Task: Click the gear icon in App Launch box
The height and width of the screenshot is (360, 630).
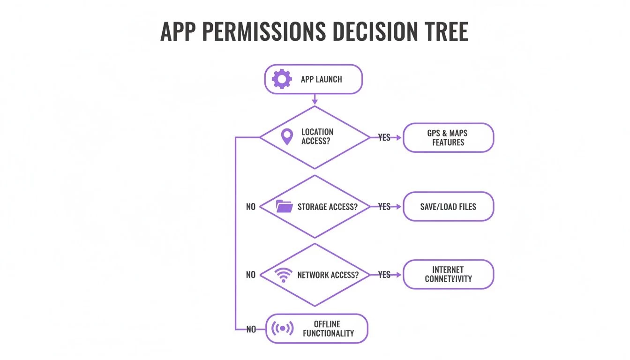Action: click(282, 79)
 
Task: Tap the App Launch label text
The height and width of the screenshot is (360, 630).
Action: click(321, 79)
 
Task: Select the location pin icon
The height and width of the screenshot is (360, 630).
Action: click(286, 137)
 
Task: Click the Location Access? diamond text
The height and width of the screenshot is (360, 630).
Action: click(317, 137)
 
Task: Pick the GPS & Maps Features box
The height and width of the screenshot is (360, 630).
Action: click(448, 138)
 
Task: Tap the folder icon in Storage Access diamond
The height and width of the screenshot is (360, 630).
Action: click(284, 206)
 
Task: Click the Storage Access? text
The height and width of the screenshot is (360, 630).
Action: click(327, 207)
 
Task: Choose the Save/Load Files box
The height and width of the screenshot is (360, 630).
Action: click(448, 206)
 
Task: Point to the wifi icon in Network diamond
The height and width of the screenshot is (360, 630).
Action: click(284, 275)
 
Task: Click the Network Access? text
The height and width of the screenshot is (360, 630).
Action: click(328, 275)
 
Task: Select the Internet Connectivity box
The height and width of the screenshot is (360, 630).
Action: click(448, 274)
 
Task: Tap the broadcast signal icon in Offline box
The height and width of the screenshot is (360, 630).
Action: click(283, 329)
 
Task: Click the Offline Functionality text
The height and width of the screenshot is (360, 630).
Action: click(328, 329)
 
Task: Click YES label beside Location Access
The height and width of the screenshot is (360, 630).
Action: click(384, 138)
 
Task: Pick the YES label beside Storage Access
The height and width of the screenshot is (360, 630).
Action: click(384, 207)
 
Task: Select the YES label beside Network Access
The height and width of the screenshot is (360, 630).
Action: click(384, 275)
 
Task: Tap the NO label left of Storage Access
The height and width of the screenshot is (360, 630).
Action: click(251, 207)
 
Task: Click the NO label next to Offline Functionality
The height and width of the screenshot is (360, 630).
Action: click(251, 330)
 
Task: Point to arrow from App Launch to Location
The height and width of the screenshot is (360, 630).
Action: click(315, 99)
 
